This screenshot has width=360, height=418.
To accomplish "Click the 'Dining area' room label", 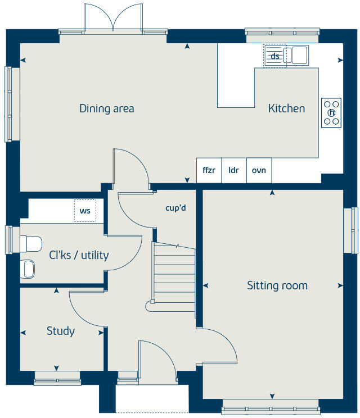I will (x=106, y=108).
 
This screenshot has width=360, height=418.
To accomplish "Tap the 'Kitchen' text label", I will (x=286, y=108).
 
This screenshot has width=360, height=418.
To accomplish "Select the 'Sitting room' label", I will (x=277, y=285).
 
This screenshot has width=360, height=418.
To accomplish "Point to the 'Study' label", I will (x=60, y=331).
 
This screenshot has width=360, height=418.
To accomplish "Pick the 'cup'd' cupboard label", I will (x=175, y=207).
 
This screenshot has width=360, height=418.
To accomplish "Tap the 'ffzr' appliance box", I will (x=209, y=170).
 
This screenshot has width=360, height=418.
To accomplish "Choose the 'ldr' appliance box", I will (x=233, y=170).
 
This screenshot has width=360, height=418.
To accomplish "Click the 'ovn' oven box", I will (x=259, y=170).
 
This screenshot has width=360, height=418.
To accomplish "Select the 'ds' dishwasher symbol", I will (x=275, y=56).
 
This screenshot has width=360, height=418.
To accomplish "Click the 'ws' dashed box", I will (x=85, y=211).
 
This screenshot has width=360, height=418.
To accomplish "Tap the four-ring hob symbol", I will (x=331, y=112).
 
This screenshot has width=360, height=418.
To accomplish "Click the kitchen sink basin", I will (x=299, y=55).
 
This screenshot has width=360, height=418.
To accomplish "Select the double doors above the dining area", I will (x=114, y=22).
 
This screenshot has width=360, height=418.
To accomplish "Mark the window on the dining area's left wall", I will (x=8, y=104).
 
